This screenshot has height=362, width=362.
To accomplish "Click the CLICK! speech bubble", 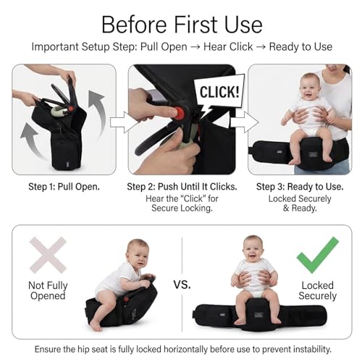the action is [x=219, y=93].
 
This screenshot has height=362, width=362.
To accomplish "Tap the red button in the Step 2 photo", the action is [x=180, y=112].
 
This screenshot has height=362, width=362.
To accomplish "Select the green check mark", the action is [x=318, y=255].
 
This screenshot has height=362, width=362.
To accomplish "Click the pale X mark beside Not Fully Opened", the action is [x=48, y=255].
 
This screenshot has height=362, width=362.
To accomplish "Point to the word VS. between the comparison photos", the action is [x=182, y=285].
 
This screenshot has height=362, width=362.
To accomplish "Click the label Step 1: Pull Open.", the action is [x=64, y=187].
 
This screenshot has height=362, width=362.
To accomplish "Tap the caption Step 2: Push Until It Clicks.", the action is [x=182, y=187].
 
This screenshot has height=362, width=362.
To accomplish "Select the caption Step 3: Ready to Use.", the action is [x=300, y=187].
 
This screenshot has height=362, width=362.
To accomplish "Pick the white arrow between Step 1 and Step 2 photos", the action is [x=122, y=122].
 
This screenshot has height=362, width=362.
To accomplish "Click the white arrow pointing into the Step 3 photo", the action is [x=244, y=122].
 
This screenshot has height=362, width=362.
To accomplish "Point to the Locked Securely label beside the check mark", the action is [x=318, y=290].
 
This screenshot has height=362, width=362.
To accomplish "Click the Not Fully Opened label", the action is [x=48, y=290].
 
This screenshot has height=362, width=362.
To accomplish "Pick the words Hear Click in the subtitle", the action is [x=228, y=46].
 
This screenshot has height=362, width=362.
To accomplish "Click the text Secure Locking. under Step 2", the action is [x=182, y=208].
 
